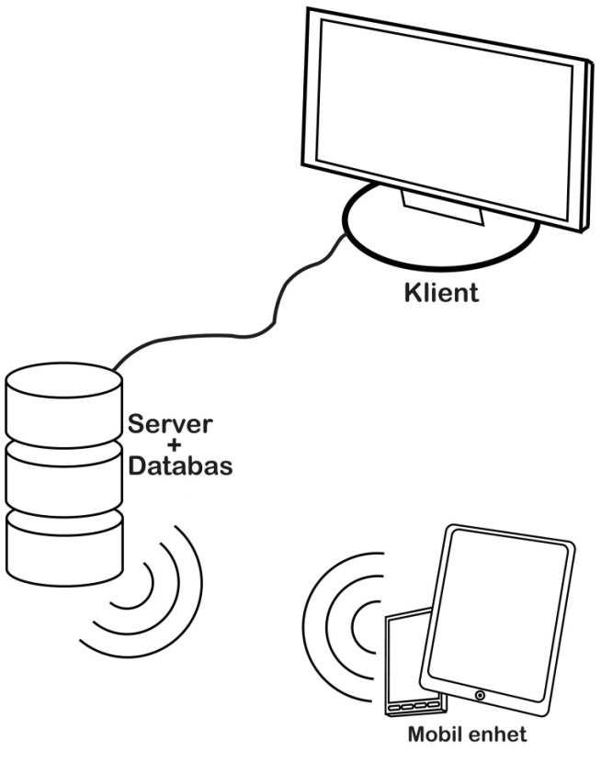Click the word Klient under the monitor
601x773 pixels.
tap(441, 294)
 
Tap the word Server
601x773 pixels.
tap(170, 425)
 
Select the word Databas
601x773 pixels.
tap(179, 465)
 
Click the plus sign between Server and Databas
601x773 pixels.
tap(170, 445)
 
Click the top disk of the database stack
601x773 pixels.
tap(63, 404)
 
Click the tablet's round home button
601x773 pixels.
tap(481, 696)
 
